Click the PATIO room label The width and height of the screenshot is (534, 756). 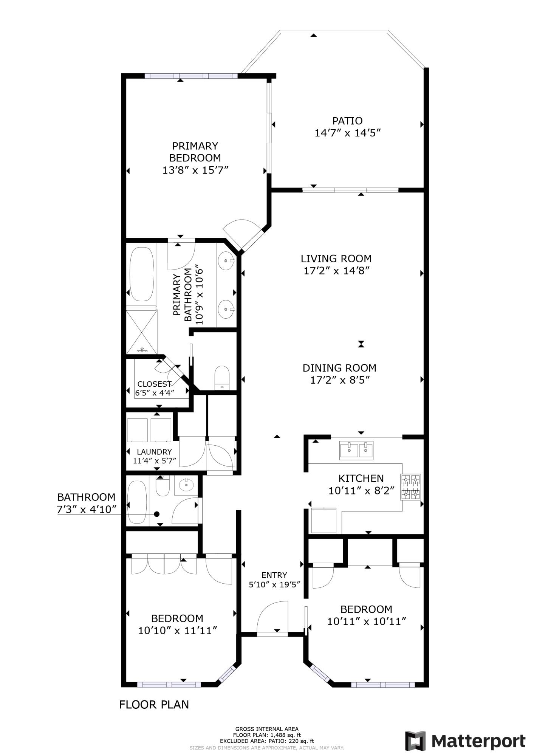[347, 121]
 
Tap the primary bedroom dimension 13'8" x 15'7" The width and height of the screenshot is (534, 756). [195, 170]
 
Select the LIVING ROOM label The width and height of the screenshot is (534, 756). [336, 259]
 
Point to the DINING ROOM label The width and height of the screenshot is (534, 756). [339, 368]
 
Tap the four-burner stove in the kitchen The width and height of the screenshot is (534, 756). [411, 487]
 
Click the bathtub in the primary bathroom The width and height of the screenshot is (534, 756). [142, 274]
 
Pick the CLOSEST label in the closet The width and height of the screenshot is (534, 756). [154, 384]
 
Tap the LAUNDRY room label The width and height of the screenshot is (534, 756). [154, 452]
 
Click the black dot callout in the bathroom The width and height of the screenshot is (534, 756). [157, 514]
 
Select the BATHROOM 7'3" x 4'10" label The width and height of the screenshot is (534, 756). [86, 503]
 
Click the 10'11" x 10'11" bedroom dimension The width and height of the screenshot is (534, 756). [366, 621]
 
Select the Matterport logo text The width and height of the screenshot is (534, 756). [478, 741]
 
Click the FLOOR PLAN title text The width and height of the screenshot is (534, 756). [154, 704]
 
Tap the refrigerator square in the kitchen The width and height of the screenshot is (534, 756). [323, 521]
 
